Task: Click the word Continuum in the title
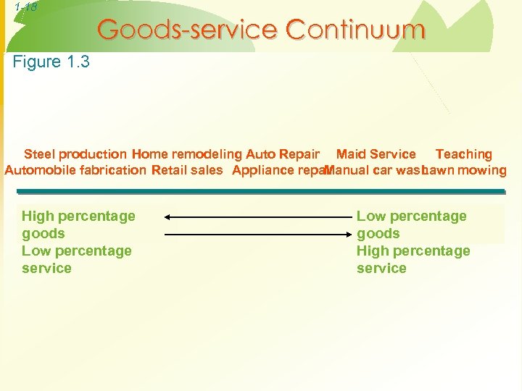tap(355, 30)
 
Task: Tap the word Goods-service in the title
tap(187, 30)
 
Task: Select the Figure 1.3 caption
tap(51, 62)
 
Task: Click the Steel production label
tap(75, 154)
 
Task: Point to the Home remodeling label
tap(187, 154)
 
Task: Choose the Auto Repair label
tap(283, 154)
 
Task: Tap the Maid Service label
tap(376, 154)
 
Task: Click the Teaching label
tap(463, 154)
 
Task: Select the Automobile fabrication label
tap(75, 171)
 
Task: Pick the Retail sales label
tap(187, 171)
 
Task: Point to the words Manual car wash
tap(374, 171)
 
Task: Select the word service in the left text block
tap(46, 268)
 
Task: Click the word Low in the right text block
tap(370, 216)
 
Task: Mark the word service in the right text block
tap(381, 268)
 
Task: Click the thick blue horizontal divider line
tap(261, 191)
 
